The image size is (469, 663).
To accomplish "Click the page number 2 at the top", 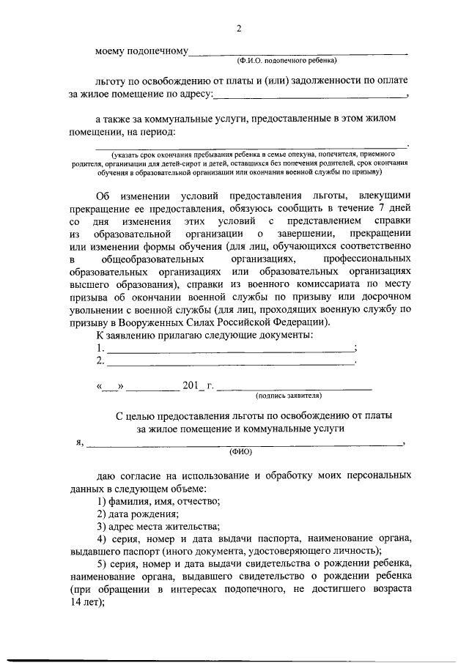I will pyautogui.click(x=238, y=29).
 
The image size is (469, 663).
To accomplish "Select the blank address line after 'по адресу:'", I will pyautogui.click(x=310, y=95).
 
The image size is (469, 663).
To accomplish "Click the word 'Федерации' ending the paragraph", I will pyautogui.click(x=302, y=323).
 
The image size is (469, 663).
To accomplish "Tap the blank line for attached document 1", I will pyautogui.click(x=229, y=350).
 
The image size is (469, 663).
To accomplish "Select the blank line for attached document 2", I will pyautogui.click(x=229, y=363).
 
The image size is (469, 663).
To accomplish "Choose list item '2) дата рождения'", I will pyautogui.click(x=138, y=514).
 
